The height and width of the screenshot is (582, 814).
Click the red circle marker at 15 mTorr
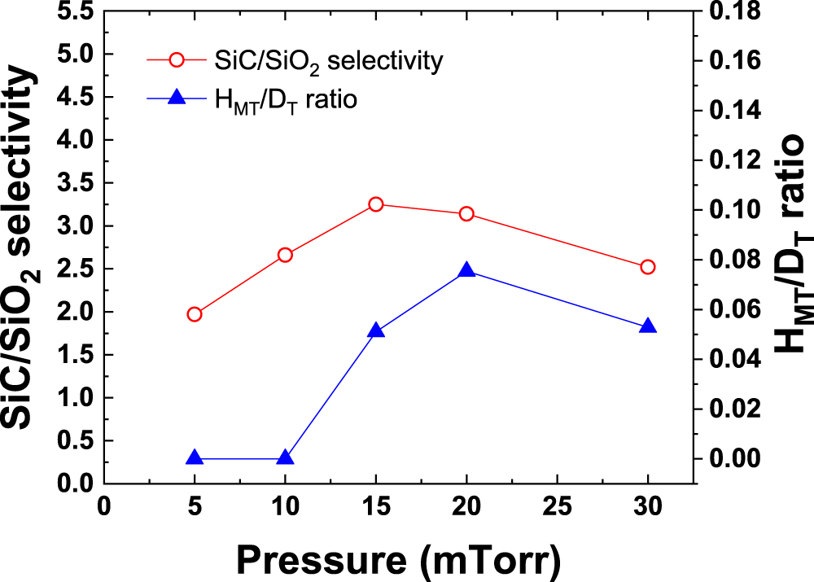(x=376, y=204)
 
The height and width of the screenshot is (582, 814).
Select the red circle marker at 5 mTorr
(x=195, y=314)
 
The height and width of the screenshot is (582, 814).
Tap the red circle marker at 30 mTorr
(x=648, y=267)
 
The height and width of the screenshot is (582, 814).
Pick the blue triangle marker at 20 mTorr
(x=466, y=270)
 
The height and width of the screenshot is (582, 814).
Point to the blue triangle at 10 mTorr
(x=285, y=458)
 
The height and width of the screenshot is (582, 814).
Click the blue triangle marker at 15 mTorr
(x=376, y=330)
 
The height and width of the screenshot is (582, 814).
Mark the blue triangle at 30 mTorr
(x=648, y=326)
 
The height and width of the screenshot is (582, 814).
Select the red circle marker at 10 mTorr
(x=285, y=255)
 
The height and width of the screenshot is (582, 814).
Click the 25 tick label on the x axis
(x=558, y=505)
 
